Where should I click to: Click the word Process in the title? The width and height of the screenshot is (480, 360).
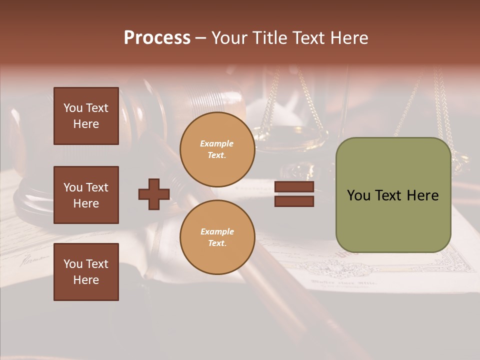157,38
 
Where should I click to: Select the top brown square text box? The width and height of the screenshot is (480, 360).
86,116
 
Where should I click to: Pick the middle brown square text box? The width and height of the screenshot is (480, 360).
86,195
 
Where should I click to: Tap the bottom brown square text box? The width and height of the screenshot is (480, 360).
86,272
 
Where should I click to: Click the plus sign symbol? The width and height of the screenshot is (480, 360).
154,194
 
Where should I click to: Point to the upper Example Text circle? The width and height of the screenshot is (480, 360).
217,149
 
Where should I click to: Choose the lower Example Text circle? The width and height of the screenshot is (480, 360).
217,237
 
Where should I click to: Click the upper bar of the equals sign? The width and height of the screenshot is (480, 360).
294,187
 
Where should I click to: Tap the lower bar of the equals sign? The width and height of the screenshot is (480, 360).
294,201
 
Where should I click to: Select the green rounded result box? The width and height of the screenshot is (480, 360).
393,195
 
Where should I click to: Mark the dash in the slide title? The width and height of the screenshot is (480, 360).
200,38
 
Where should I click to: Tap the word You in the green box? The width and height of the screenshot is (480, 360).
358,195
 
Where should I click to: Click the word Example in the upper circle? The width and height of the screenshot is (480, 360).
217,143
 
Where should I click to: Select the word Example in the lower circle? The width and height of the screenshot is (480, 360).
217,231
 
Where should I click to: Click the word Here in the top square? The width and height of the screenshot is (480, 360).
86,124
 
